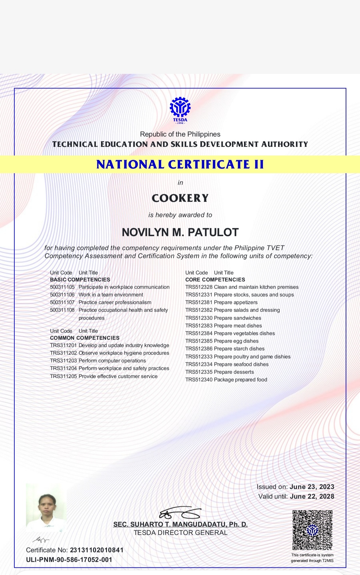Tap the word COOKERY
point(180,198)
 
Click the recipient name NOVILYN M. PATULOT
point(180,232)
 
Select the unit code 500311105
point(62,287)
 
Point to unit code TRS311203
point(63,361)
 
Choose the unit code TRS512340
point(199,380)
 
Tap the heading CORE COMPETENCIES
point(215,280)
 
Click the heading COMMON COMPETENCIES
point(85,338)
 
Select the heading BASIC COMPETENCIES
point(80,280)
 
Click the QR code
point(312,530)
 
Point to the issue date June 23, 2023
point(312,487)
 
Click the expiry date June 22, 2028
point(312,497)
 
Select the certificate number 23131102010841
point(97,550)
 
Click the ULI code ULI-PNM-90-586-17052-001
point(69,560)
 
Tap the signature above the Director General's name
point(180,513)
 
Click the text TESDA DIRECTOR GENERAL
point(180,533)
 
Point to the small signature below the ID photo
point(41,539)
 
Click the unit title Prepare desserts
point(234,372)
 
